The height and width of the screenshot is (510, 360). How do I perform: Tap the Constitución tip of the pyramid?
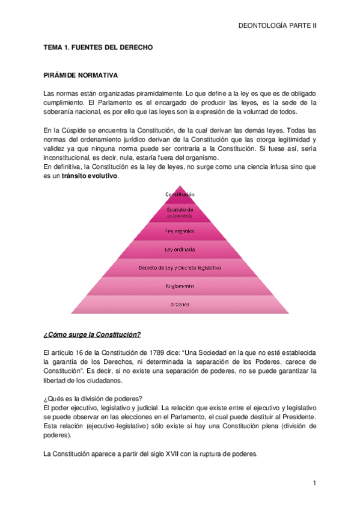click(x=180, y=194)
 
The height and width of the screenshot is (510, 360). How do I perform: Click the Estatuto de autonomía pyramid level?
click(x=180, y=212)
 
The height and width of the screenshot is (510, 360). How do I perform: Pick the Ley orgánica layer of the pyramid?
click(x=180, y=230)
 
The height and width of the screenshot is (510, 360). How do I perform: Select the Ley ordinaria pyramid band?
click(x=180, y=248)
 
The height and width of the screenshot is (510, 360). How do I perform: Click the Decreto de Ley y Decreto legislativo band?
click(x=180, y=266)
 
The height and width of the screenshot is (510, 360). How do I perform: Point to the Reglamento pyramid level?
click(x=180, y=286)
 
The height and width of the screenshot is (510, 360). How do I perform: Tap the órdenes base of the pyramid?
click(x=180, y=304)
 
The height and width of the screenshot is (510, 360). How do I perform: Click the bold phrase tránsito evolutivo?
click(x=90, y=176)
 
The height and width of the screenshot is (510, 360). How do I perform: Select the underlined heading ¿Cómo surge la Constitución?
click(x=92, y=334)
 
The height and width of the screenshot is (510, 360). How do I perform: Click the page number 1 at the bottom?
click(x=314, y=483)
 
